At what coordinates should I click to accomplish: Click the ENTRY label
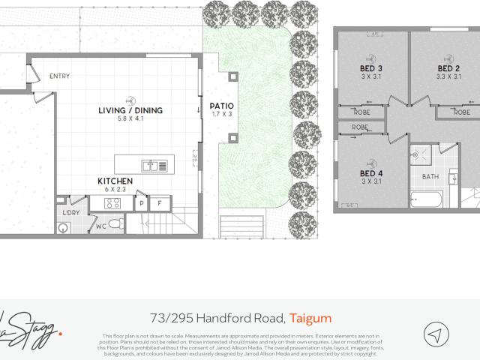point(60,76)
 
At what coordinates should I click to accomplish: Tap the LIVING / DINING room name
point(130,110)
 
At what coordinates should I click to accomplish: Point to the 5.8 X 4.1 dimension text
point(130,119)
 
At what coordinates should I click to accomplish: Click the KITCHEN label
point(115,181)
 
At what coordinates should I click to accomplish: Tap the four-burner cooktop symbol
point(114,202)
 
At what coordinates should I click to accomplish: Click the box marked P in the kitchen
point(142,203)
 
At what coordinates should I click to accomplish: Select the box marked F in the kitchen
point(160,203)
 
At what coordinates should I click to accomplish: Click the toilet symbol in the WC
point(115,224)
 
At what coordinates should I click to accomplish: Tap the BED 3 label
point(371,69)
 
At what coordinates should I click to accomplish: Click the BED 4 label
point(371,174)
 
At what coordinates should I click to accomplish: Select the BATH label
point(430,177)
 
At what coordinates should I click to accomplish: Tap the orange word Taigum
point(310,318)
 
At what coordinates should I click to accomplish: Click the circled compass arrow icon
point(436,334)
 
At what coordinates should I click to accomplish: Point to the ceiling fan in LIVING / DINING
point(130,98)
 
